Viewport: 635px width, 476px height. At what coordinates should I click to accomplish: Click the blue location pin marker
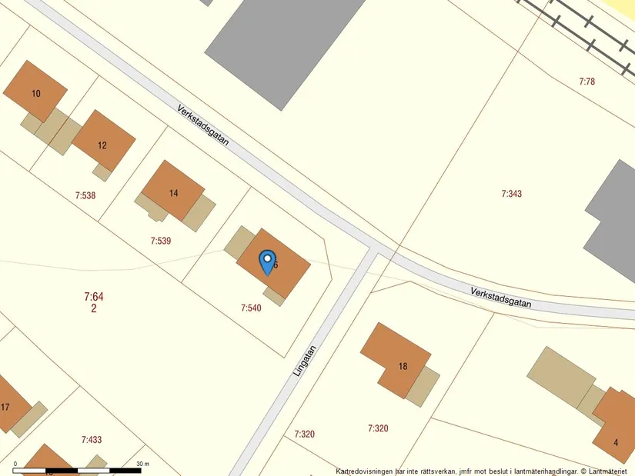pos(266,261)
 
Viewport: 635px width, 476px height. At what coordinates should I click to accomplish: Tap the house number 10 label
pos(36,94)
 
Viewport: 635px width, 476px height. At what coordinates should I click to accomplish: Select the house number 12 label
pos(102,145)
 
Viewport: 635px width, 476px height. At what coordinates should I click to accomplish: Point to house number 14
pos(173,193)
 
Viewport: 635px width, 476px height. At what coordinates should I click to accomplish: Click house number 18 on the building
pos(403,366)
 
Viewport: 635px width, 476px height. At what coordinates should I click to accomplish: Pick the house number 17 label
pos(5,407)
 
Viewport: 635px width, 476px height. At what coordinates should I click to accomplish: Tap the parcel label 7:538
pos(85,195)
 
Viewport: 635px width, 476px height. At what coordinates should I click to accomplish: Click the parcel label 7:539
pos(161,241)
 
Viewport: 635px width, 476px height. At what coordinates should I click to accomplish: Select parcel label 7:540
pos(251,308)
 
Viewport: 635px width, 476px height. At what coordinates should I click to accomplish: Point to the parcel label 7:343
pos(511,194)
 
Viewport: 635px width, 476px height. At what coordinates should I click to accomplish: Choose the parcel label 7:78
pos(587,81)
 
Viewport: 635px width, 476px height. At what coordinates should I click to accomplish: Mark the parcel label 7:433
pos(92,440)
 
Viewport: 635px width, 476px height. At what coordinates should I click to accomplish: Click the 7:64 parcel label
pos(93,296)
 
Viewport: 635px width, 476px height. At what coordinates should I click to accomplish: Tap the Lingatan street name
pos(305,359)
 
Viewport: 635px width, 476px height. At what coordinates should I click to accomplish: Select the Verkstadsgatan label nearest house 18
pos(500,297)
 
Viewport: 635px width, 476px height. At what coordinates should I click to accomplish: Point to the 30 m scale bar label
pos(142,464)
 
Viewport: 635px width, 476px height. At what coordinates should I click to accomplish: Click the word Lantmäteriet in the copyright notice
pos(609,471)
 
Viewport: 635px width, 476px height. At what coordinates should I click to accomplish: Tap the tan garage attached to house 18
pos(423,387)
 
